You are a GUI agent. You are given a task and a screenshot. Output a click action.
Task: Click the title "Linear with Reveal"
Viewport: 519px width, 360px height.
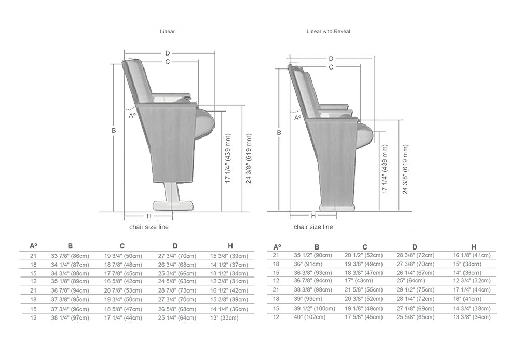328,32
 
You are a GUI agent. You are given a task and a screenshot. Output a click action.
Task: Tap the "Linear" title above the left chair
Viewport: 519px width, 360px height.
167,32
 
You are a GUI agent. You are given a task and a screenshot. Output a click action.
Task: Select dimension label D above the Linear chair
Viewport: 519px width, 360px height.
168,53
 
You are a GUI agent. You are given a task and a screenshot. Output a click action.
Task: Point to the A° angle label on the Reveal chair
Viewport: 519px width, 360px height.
297,117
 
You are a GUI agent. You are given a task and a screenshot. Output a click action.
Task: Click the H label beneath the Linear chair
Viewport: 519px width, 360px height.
149,216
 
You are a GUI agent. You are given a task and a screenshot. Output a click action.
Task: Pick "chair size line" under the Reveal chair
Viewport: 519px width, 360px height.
313,227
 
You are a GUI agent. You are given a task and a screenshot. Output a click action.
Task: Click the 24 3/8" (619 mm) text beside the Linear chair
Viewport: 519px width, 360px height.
249,159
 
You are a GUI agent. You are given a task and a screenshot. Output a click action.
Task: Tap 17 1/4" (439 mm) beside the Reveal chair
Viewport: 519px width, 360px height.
384,169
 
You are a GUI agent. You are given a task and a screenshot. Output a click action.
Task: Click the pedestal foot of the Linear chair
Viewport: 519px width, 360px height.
172,205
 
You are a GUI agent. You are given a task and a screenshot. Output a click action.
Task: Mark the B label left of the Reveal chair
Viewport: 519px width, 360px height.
279,133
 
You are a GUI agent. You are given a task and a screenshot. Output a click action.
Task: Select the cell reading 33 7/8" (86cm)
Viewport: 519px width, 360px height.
70,256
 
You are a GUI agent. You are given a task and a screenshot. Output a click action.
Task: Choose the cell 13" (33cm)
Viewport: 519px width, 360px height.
224,318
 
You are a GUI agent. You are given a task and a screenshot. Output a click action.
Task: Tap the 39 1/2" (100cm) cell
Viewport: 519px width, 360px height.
315,308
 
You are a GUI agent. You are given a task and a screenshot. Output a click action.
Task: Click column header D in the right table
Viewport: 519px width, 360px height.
415,247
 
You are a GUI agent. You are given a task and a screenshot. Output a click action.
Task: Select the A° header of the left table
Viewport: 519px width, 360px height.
33,246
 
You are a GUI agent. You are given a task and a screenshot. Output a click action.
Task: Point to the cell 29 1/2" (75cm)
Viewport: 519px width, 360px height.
415,290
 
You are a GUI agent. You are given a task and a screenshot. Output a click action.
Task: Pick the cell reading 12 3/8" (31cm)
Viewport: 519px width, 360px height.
229,281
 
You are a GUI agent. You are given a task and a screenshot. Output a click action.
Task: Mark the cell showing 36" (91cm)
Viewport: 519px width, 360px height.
308,264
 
